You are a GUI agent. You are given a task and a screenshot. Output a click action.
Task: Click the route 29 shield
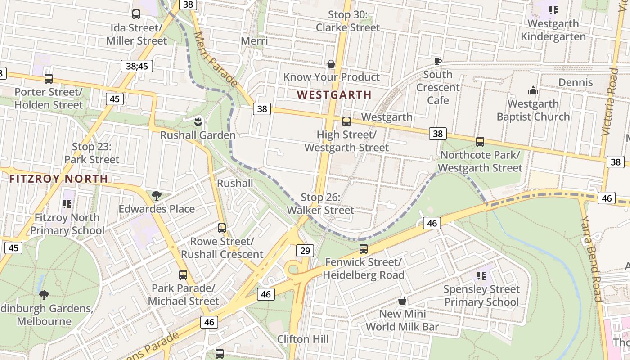(x=305, y=251)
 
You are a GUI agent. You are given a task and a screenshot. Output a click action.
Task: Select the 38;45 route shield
(x=137, y=66)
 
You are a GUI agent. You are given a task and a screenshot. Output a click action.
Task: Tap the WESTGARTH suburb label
(x=334, y=95)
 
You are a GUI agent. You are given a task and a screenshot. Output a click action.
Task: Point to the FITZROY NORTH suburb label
(x=58, y=179)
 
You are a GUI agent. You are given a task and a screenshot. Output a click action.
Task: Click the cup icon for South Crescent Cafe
(x=437, y=61)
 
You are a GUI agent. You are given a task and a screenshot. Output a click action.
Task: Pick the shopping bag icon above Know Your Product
(x=331, y=64)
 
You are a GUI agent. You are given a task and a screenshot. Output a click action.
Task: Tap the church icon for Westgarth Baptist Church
(x=533, y=90)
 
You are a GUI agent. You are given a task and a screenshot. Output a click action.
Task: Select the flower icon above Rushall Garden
(x=198, y=121)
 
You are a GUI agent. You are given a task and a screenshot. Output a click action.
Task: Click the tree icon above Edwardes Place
(x=156, y=196)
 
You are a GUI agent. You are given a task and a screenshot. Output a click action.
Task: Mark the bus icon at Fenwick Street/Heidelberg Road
(x=364, y=249)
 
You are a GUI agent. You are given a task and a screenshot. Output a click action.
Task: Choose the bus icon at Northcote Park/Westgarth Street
(x=480, y=142)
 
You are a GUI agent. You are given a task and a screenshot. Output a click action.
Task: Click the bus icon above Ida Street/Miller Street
(x=136, y=14)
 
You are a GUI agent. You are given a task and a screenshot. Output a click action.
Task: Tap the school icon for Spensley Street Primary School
(x=481, y=275)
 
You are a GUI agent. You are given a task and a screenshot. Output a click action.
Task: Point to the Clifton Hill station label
(x=300, y=339)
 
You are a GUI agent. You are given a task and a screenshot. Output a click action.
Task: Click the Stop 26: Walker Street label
(x=320, y=204)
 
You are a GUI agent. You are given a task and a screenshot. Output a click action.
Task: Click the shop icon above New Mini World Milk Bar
(x=402, y=300)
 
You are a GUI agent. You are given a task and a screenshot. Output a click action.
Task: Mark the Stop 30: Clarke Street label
(x=348, y=21)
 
